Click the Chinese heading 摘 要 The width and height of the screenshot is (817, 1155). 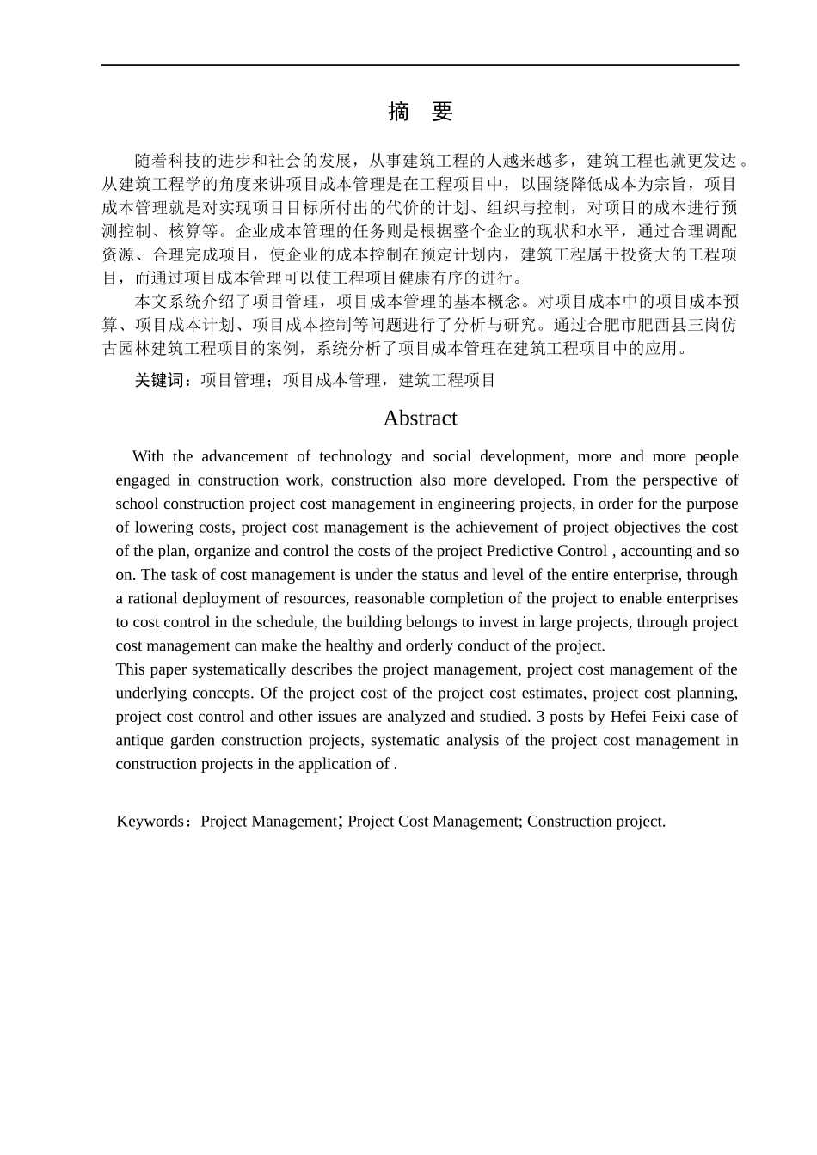coord(420,112)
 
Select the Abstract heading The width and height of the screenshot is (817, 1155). coord(420,419)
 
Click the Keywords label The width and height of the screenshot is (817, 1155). coord(150,822)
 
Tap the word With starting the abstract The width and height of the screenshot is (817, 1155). coord(148,457)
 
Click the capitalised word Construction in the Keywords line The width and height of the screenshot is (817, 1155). coord(563,822)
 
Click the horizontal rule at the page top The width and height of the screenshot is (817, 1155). coord(420,65)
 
